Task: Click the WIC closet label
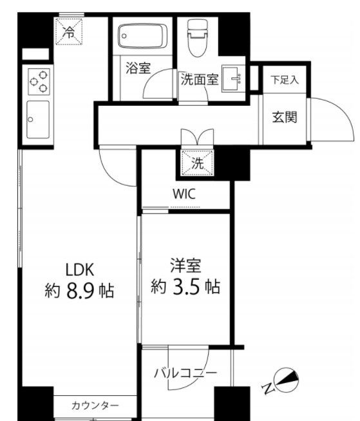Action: [184, 194]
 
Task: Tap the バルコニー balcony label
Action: [185, 373]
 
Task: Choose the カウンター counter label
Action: [95, 406]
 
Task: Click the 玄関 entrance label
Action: [283, 118]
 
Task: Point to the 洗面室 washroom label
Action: [199, 81]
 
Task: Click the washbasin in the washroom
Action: [233, 77]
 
